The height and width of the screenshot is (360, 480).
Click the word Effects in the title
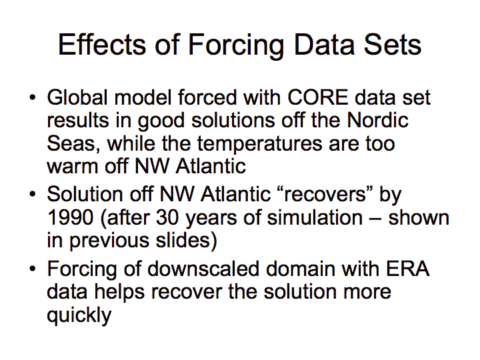click(x=102, y=45)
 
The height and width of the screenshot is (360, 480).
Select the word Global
click(x=77, y=97)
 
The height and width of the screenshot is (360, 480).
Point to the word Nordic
click(x=378, y=120)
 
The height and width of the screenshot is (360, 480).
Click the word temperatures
click(x=259, y=144)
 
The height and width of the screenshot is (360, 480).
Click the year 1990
click(x=71, y=217)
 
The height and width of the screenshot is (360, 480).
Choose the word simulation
click(x=315, y=217)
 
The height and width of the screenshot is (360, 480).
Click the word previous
click(x=109, y=241)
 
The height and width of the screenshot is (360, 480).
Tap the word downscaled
click(x=203, y=269)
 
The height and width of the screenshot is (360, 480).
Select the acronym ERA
click(x=408, y=269)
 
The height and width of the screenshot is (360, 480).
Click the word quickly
click(x=79, y=315)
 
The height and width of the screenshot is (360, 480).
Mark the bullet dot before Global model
click(x=33, y=98)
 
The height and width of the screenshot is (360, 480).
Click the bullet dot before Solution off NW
click(x=33, y=195)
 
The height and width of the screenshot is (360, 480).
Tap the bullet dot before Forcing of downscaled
click(x=33, y=269)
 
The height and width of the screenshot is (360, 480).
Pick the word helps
click(x=120, y=293)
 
